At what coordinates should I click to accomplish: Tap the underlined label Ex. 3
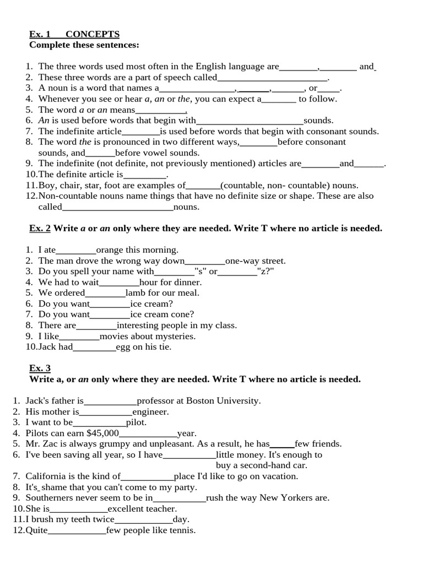(x=40, y=368)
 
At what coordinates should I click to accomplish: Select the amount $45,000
(x=102, y=433)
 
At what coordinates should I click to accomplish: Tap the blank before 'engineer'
(x=106, y=411)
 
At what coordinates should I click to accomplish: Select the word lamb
(x=134, y=293)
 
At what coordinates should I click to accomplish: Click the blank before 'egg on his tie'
(x=94, y=347)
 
